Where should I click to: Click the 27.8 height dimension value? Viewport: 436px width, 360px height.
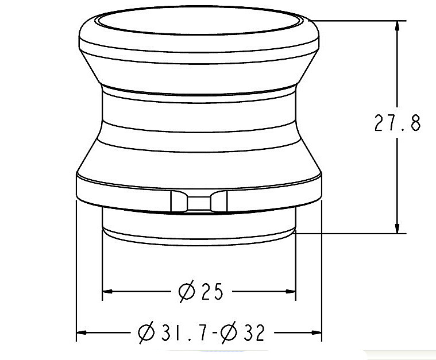tap(397, 123)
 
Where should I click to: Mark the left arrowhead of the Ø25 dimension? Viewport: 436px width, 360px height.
tap(108, 292)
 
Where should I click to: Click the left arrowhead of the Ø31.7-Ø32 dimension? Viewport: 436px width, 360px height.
tap(83, 332)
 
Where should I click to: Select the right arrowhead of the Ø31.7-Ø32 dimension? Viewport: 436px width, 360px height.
tap(315, 332)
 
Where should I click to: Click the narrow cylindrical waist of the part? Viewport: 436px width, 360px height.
tap(199, 115)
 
